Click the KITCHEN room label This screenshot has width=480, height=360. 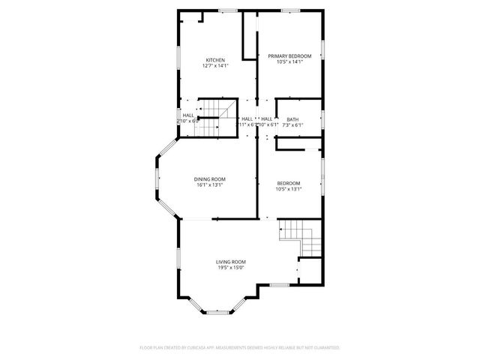click(x=215, y=60)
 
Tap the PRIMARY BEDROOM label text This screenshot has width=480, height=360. click(x=289, y=55)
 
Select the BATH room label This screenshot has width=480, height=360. click(x=292, y=119)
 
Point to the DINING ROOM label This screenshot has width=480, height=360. click(x=209, y=178)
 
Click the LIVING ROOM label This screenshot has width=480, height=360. click(x=231, y=261)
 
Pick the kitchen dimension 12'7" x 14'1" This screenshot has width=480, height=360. click(x=215, y=66)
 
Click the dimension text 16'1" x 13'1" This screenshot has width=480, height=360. click(x=209, y=185)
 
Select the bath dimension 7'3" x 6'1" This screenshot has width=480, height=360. click(x=292, y=124)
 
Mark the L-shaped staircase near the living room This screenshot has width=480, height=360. click(x=300, y=238)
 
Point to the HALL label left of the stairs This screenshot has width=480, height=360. click(x=188, y=115)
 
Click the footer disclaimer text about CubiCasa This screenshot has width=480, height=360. click(x=240, y=348)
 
